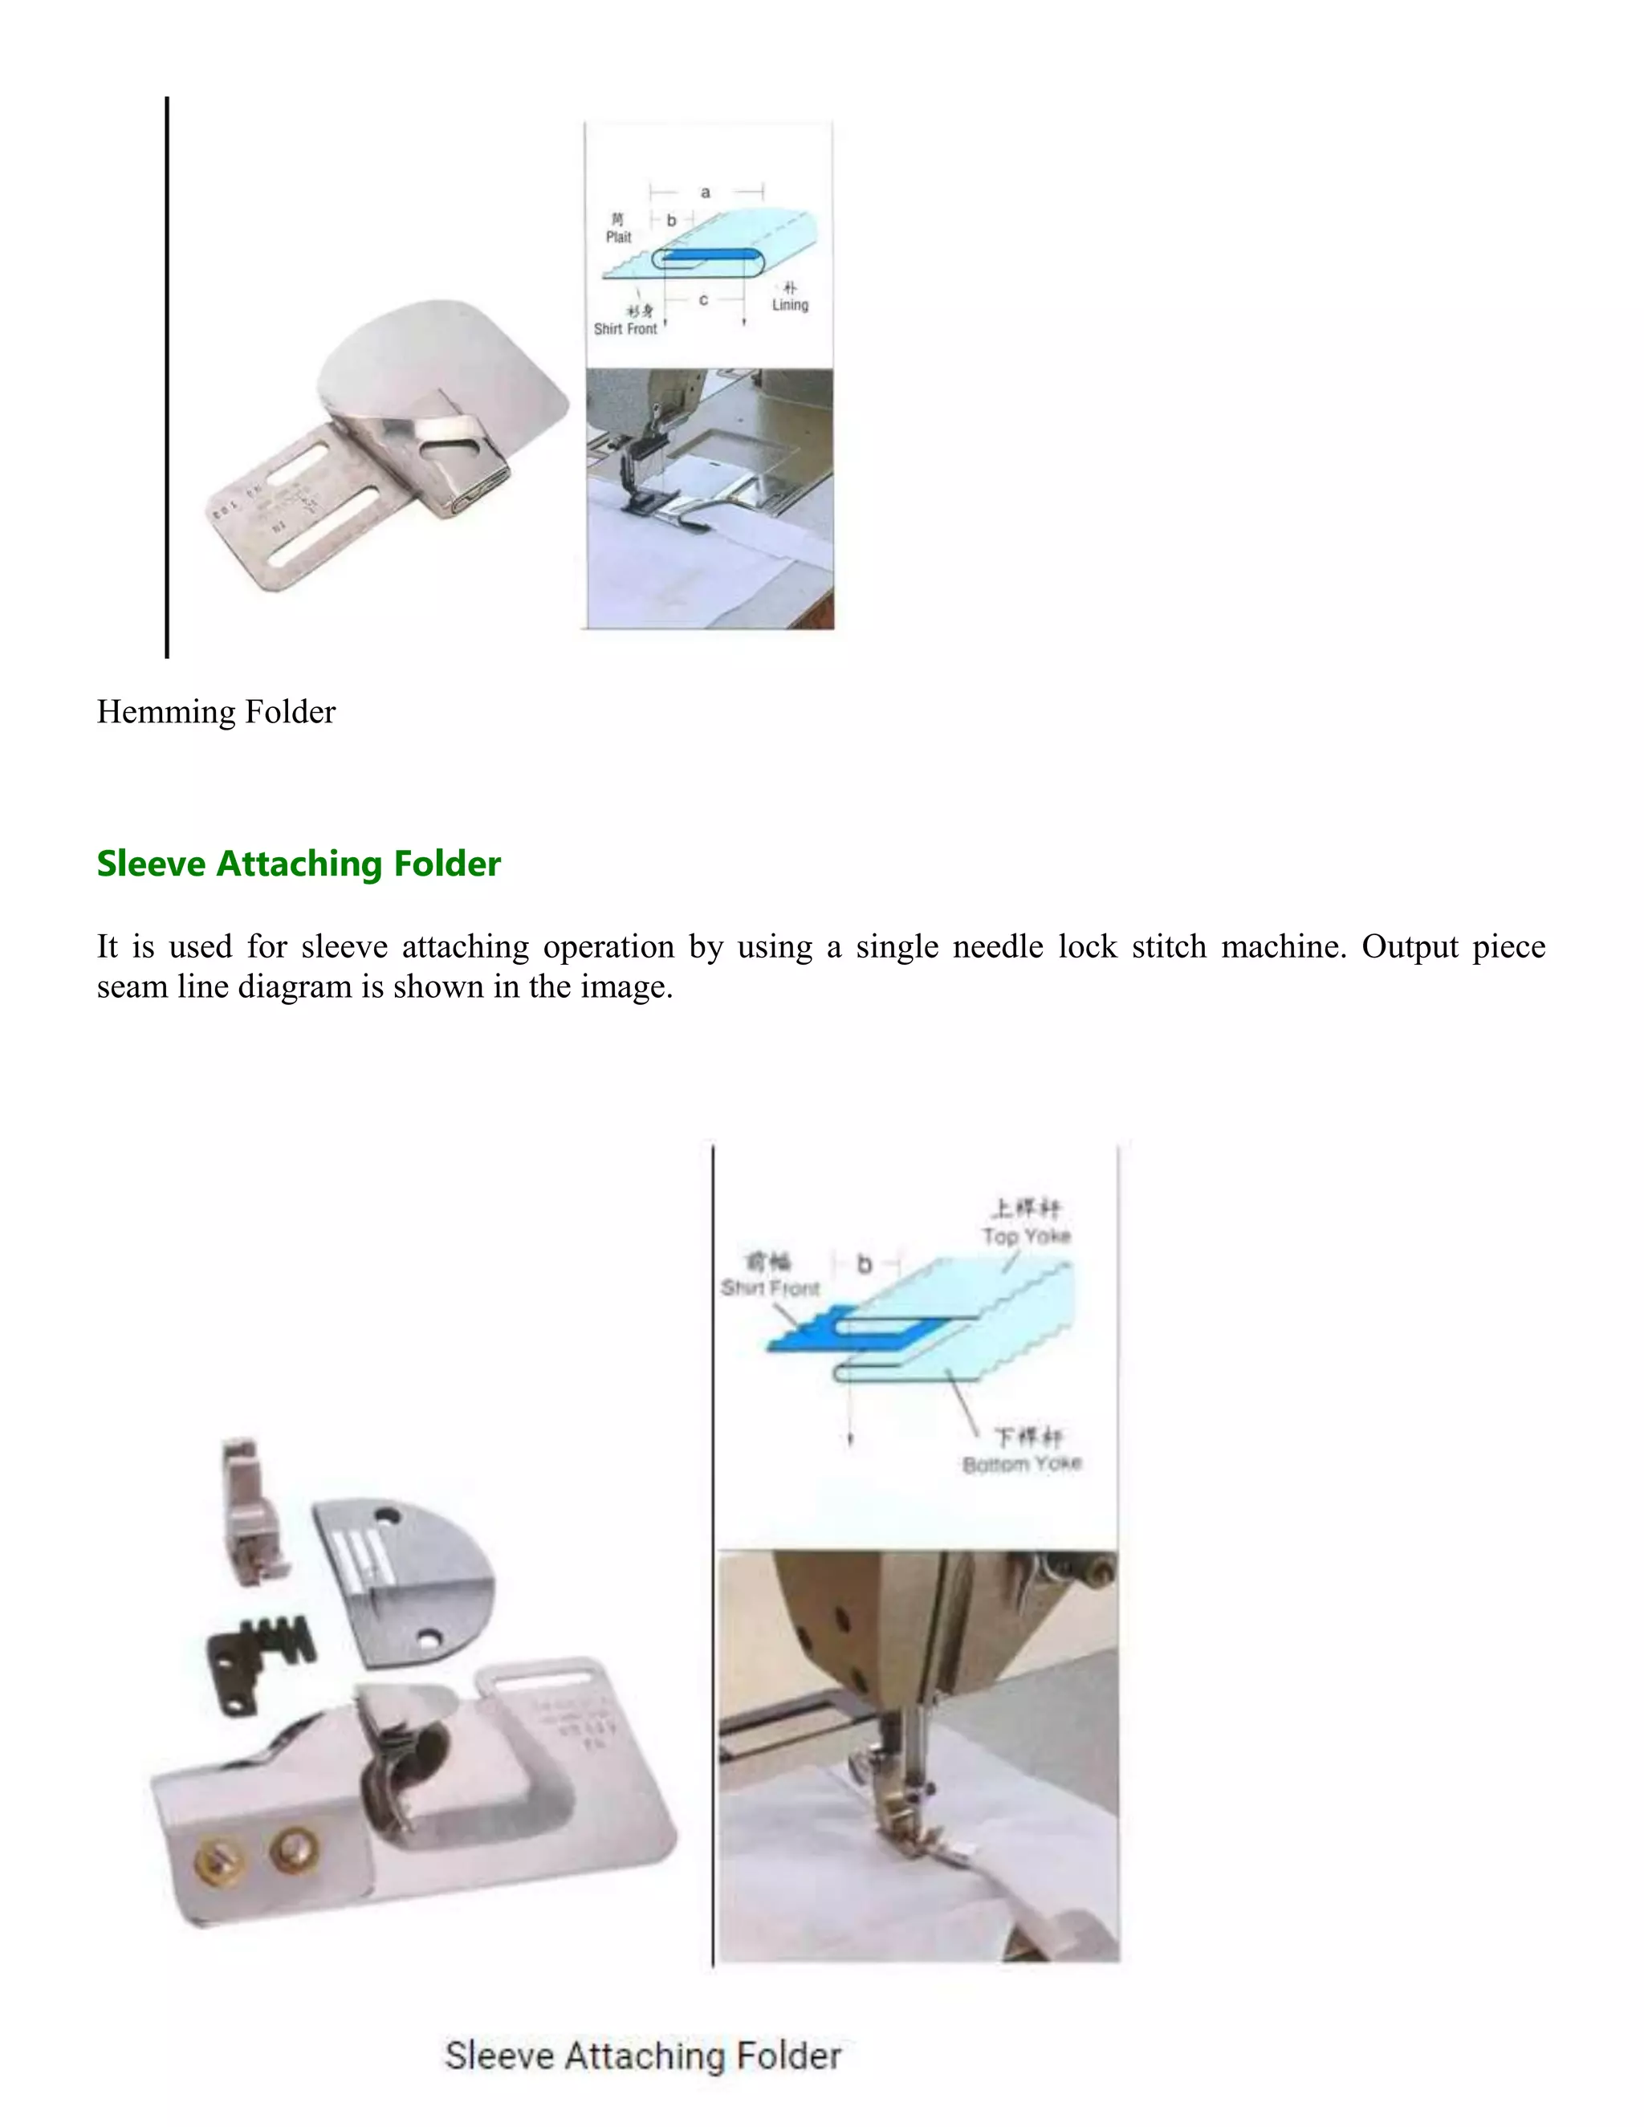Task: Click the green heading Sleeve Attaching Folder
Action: tap(298, 864)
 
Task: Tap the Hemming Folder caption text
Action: tap(215, 712)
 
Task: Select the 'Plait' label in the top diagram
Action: tap(618, 237)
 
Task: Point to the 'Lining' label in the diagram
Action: tap(790, 305)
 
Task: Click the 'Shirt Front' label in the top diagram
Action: tap(625, 329)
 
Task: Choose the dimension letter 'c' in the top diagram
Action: tap(703, 300)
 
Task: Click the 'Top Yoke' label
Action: tap(1026, 1236)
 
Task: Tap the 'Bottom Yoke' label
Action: tap(1022, 1465)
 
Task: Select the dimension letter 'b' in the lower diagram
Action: tap(864, 1264)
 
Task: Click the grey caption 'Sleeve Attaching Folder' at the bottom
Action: tap(643, 2056)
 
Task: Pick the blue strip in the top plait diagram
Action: tap(707, 257)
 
